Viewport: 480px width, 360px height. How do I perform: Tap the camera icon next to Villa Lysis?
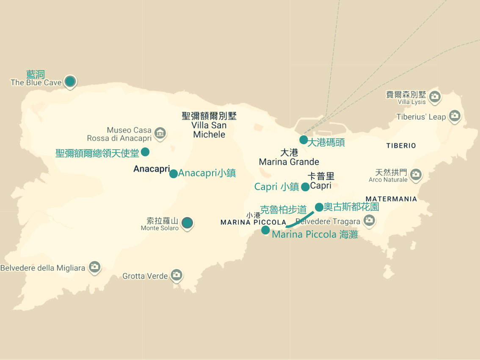(434, 97)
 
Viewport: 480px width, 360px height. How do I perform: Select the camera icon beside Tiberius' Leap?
(455, 115)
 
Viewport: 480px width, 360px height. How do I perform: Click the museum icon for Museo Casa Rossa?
(160, 134)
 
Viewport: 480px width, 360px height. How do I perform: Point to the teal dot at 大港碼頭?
(303, 140)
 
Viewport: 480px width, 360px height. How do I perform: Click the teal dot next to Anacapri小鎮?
(174, 173)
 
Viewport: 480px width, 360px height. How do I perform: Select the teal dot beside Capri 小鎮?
(305, 187)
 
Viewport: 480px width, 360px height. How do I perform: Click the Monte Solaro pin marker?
(187, 223)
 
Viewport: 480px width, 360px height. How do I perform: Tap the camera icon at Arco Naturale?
(416, 174)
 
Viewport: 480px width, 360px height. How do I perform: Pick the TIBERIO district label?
(401, 146)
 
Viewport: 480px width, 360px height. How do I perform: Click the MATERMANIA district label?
(391, 199)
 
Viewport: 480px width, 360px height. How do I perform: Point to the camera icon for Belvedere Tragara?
(369, 220)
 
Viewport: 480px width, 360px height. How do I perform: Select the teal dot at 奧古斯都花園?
(319, 207)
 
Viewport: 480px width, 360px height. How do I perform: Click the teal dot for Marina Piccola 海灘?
(265, 230)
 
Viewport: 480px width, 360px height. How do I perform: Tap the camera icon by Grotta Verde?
(177, 275)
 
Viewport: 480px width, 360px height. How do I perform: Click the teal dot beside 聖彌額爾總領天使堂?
(145, 151)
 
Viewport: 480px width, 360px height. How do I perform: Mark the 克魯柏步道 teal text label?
(283, 210)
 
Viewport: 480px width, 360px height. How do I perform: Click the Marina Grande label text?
(289, 162)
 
